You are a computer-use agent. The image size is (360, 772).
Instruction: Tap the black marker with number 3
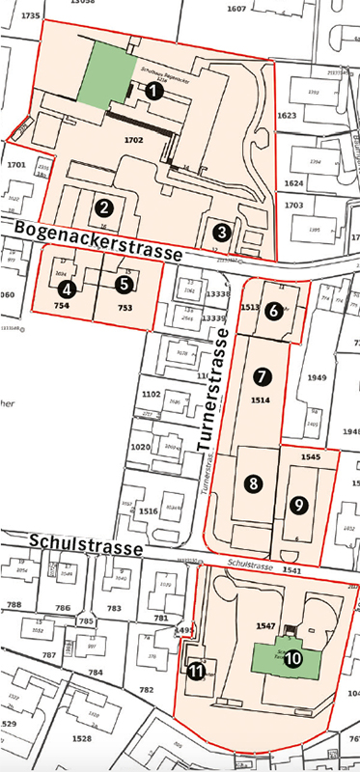[x=223, y=232]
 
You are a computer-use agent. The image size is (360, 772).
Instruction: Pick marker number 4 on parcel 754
[x=66, y=288]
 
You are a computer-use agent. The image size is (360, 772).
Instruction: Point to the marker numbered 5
[x=124, y=284]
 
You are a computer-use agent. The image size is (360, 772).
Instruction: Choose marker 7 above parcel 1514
[x=259, y=374]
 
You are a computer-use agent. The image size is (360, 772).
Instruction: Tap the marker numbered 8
[x=253, y=484]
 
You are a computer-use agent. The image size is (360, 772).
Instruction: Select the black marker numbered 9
[x=299, y=503]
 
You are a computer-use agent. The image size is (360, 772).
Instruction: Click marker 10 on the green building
[x=292, y=657]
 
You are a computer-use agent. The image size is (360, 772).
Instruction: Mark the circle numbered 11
[x=196, y=672]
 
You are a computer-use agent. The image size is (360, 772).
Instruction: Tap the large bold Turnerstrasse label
[x=213, y=390]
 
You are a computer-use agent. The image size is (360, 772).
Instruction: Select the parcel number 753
[x=124, y=308]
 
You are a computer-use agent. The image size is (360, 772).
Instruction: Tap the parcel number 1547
[x=266, y=625]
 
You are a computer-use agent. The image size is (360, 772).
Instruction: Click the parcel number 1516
[x=148, y=511]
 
